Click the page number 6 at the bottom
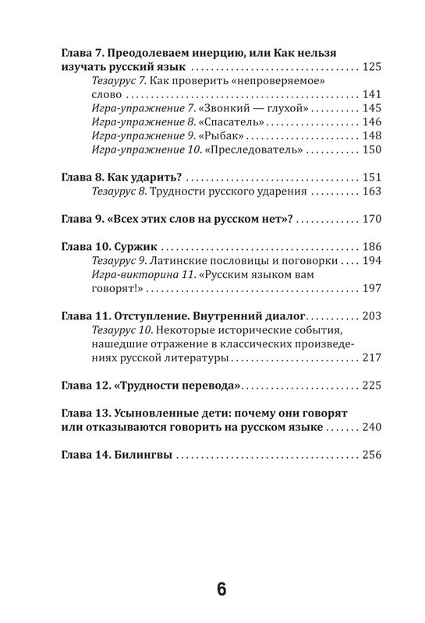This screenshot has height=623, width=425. point(221,590)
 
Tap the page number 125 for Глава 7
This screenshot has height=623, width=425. point(369,67)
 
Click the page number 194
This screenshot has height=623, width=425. point(369,260)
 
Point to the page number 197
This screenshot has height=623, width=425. point(369,288)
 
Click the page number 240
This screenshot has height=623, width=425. point(369,428)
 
